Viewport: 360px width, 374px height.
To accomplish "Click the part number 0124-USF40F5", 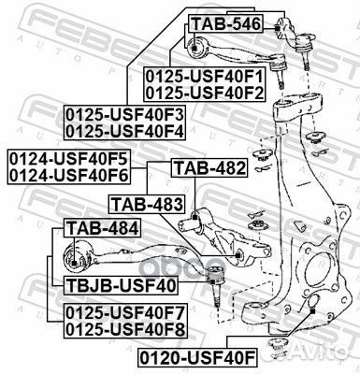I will click(68, 157).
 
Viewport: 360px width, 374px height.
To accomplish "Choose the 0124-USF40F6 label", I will click(68, 173).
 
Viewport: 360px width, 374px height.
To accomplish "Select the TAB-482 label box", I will click(209, 168).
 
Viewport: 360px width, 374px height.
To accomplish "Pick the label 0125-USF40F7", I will click(124, 311).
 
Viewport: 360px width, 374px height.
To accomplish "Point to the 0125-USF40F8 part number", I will click(124, 328).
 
